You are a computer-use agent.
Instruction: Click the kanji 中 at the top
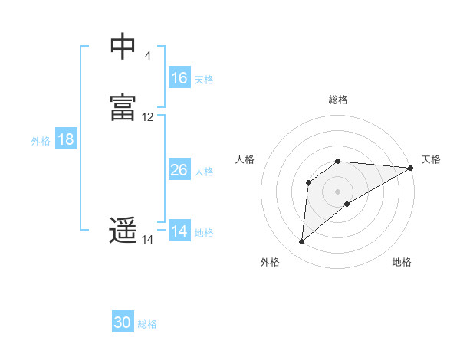pyautogui.click(x=123, y=47)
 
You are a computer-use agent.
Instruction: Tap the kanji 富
pyautogui.click(x=123, y=108)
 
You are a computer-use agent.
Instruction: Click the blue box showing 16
pyautogui.click(x=179, y=78)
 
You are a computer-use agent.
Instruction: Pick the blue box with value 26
pyautogui.click(x=179, y=170)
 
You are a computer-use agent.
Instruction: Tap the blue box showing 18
pyautogui.click(x=66, y=139)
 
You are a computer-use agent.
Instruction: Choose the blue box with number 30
pyautogui.click(x=123, y=323)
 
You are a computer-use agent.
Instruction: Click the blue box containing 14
pyautogui.click(x=179, y=231)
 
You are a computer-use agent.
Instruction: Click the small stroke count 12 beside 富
pyautogui.click(x=148, y=117)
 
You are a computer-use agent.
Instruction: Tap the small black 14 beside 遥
pyautogui.click(x=148, y=240)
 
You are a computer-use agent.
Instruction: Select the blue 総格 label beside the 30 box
pyautogui.click(x=147, y=324)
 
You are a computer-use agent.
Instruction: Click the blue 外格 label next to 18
pyautogui.click(x=41, y=140)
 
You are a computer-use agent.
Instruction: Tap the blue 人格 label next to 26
pyautogui.click(x=205, y=171)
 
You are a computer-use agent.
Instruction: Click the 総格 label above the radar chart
pyautogui.click(x=338, y=100)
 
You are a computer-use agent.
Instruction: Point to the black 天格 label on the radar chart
pyautogui.click(x=431, y=159)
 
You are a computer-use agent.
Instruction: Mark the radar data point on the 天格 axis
pyautogui.click(x=411, y=168)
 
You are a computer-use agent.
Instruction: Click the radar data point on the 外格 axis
pyautogui.click(x=301, y=242)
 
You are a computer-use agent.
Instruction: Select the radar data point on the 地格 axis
pyautogui.click(x=347, y=204)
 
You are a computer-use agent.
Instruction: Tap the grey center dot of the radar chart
pyautogui.click(x=338, y=191)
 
